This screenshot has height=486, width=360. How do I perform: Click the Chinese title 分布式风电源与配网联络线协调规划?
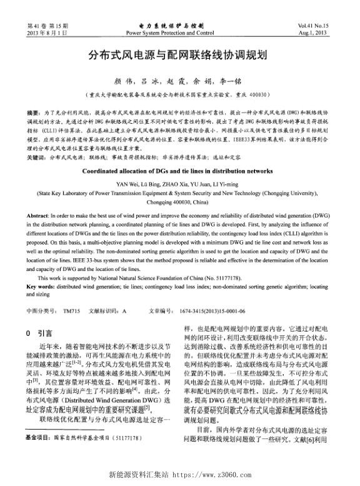[x=179, y=55]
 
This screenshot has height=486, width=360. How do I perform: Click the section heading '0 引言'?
[x=41, y=333]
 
